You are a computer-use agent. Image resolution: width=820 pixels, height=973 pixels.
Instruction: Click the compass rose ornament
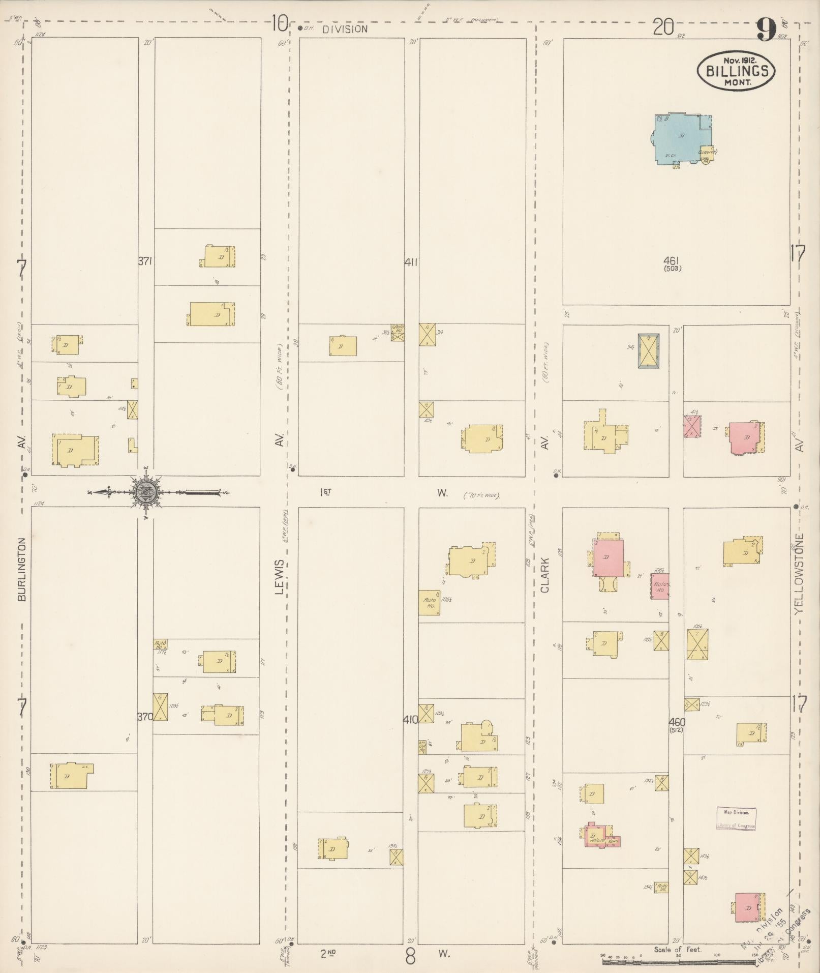[146, 491]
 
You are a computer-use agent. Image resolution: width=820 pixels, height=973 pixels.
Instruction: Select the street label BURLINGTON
[21, 569]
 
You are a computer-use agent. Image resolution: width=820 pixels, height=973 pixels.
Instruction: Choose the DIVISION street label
[345, 29]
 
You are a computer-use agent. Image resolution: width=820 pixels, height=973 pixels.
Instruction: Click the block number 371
[145, 261]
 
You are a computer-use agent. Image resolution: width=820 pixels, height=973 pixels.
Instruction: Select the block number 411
[411, 262]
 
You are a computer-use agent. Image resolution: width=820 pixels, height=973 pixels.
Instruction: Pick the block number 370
[145, 717]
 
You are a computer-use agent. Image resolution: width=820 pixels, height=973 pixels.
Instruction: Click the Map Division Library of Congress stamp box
[736, 818]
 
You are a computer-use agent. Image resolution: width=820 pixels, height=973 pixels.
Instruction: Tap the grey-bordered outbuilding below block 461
[649, 350]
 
